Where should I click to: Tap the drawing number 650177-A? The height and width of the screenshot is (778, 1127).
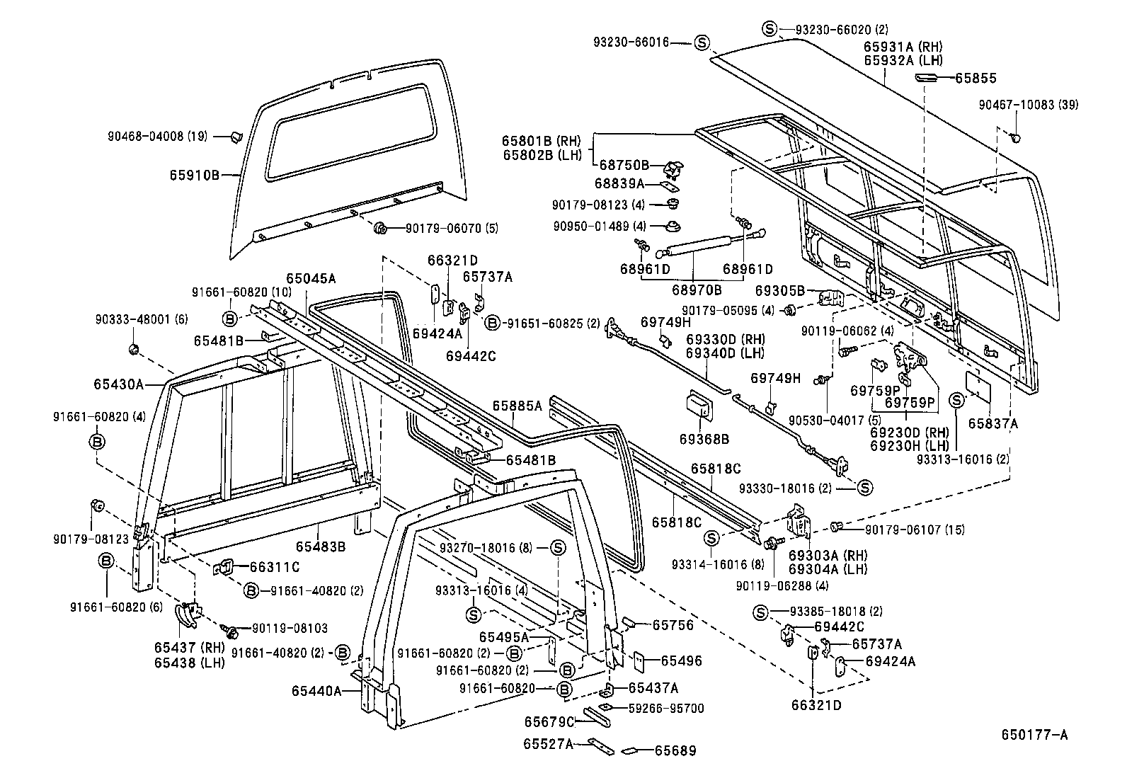(1034, 735)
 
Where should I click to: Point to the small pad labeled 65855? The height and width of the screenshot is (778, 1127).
(927, 77)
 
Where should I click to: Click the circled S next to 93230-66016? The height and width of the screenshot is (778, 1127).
(701, 43)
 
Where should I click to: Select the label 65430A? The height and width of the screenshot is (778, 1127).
(118, 384)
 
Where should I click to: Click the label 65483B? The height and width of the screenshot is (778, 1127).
(320, 546)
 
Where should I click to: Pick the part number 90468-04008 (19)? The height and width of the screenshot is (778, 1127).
(157, 137)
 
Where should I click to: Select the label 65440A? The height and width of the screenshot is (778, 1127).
(316, 691)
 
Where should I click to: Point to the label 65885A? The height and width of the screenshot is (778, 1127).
(517, 406)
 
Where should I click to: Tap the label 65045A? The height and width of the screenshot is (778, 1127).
(311, 278)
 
